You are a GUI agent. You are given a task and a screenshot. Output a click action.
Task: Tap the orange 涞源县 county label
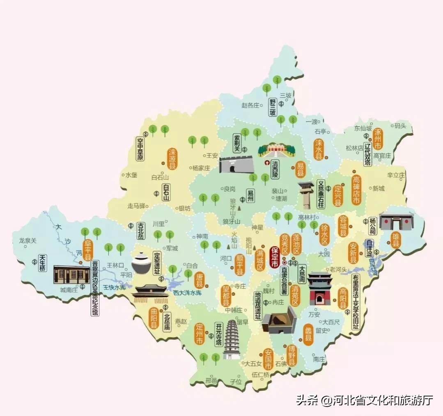pos(172,159)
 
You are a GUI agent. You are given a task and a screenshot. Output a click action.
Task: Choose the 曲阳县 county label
pos(154,318)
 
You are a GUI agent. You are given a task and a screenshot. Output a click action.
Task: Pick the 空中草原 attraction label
pos(140,149)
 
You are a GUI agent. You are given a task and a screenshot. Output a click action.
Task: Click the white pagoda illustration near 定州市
pos(232,340)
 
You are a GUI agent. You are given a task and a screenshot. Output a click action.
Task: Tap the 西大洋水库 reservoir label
pos(187,293)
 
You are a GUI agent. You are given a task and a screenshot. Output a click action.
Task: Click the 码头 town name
pos(400,126)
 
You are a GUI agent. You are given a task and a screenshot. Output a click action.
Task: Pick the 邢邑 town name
pos(211,381)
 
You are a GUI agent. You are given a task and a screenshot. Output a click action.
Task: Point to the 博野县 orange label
pos(291,356)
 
